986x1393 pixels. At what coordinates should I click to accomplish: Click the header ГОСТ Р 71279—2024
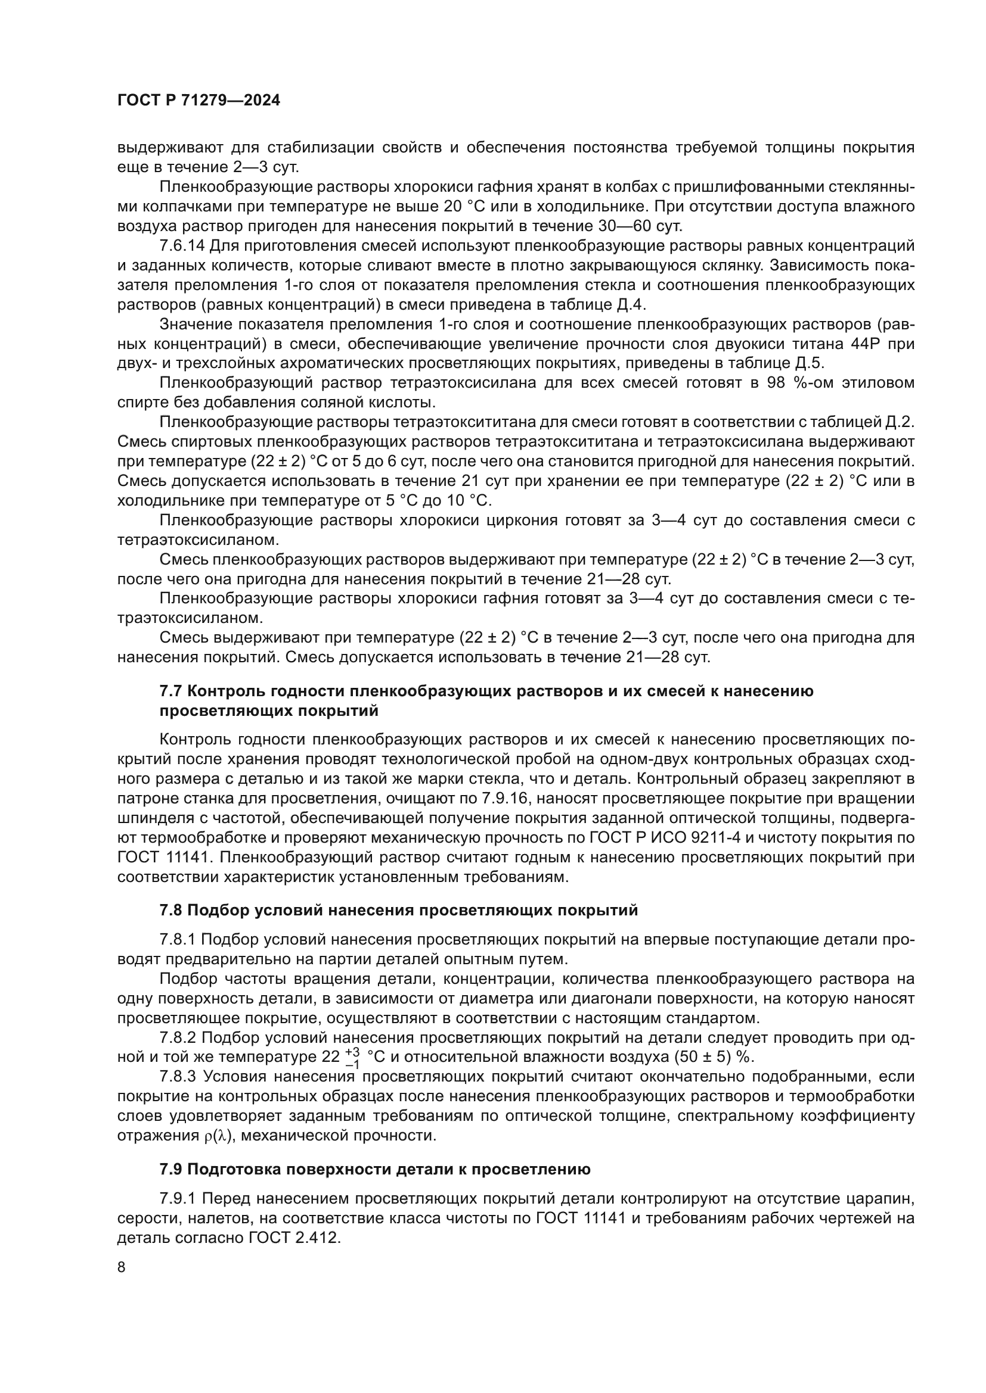pyautogui.click(x=199, y=101)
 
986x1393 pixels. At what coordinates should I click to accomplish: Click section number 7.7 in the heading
pyautogui.click(x=172, y=691)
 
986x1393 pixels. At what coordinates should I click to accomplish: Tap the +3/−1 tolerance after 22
pyautogui.click(x=352, y=1057)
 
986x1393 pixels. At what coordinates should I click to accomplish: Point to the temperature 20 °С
pyautogui.click(x=465, y=206)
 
